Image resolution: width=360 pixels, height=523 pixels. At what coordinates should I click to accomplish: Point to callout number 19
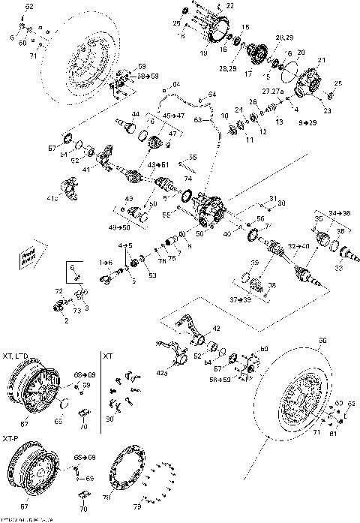pos(203,53)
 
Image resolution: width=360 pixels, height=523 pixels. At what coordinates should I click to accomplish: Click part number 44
pos(135,114)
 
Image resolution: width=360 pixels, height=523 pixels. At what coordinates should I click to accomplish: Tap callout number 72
pos(58,290)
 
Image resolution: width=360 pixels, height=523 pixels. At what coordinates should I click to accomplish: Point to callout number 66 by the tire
pos(324,340)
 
